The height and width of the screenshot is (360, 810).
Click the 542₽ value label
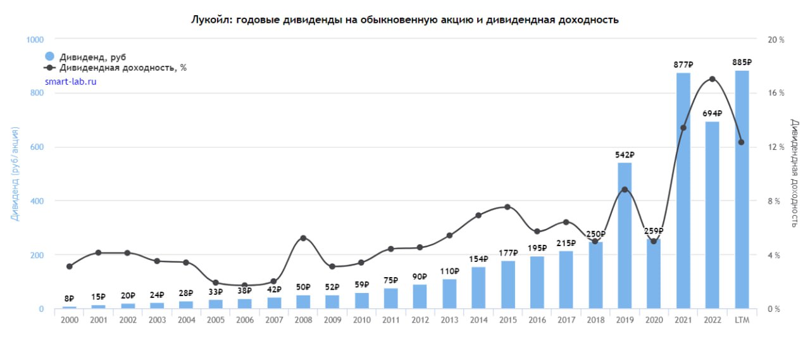625,155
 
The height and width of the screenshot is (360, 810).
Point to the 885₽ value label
742,63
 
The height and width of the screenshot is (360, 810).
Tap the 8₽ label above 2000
69,299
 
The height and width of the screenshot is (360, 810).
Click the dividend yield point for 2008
303,238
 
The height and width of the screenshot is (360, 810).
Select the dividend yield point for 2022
713,79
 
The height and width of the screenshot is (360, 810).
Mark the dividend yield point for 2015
508,207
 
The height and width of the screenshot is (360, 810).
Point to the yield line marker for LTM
742,142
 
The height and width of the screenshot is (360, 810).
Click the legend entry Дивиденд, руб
85,56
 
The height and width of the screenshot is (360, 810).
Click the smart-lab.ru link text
71,82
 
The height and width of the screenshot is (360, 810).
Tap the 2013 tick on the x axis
449,320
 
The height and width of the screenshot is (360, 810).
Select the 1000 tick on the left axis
35,39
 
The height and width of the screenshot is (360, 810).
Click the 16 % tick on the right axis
776,93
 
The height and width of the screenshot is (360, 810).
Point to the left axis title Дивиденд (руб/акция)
15,173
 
